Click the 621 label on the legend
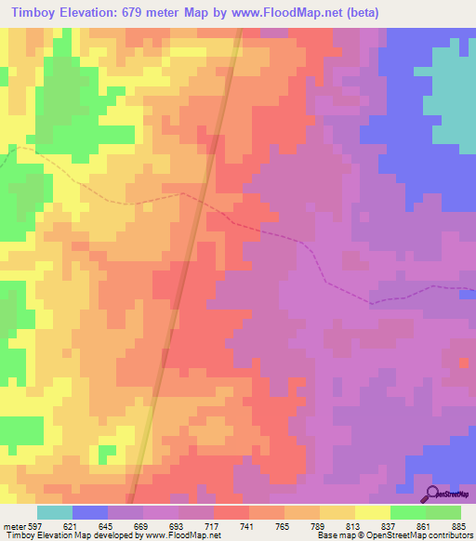(73, 526)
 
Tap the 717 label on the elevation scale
(214, 526)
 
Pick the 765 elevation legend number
(284, 526)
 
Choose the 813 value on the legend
(355, 526)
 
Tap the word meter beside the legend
(12, 526)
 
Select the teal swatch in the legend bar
(55, 512)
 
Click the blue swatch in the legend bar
(90, 512)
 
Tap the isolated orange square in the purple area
(464, 362)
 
